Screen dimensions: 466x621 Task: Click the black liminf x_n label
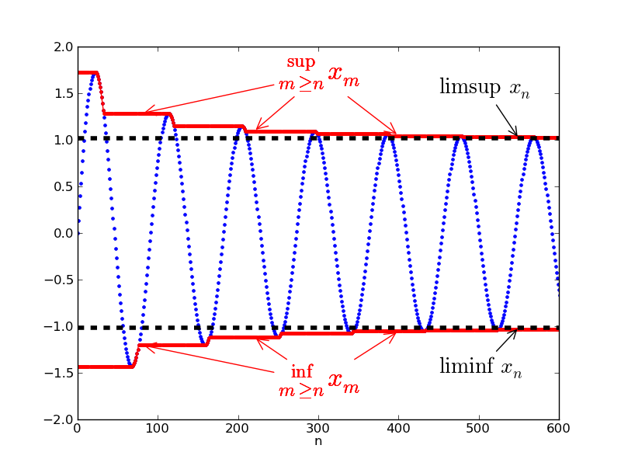point(480,367)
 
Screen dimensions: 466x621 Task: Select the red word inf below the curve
point(301,371)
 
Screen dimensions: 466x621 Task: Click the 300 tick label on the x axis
point(238,429)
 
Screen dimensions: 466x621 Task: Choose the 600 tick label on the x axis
point(559,429)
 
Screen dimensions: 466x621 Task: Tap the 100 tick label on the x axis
point(158,429)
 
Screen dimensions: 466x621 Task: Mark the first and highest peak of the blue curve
point(94,73)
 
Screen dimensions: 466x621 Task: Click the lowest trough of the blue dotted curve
point(130,366)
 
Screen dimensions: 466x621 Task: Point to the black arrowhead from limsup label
point(515,134)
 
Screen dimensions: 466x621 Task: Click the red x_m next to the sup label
point(343,74)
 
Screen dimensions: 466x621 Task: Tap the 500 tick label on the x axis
point(478,429)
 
